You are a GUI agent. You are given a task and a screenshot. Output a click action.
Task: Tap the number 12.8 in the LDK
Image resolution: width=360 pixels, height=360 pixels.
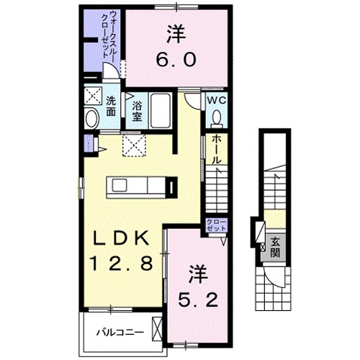tap(120, 264)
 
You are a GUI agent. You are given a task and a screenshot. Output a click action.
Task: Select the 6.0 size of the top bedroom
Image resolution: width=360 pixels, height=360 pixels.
tap(175, 60)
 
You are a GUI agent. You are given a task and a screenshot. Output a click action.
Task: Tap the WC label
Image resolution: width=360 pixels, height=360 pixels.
tap(217, 101)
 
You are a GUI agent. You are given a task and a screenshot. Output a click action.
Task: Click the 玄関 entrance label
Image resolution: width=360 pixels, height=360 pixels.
tap(275, 247)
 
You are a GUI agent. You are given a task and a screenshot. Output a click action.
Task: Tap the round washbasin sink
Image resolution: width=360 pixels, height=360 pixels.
tap(92, 119)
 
